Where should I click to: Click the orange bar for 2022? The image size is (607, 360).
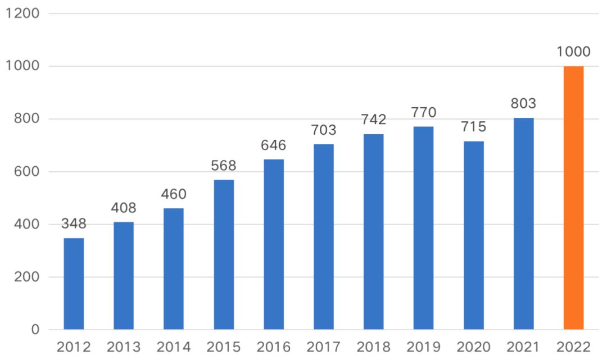pos(573,198)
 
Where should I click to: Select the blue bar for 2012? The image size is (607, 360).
pos(74,284)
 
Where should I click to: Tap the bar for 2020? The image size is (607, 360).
pos(474,235)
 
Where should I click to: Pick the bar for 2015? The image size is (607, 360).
pos(224,254)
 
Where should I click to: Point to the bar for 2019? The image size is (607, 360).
pos(424,228)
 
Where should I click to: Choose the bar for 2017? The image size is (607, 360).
pos(324,236)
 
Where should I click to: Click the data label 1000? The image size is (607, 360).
pos(573,52)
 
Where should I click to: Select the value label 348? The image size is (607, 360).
pos(74,224)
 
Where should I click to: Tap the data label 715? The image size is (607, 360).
pos(474,127)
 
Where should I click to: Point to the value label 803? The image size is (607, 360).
pos(523,104)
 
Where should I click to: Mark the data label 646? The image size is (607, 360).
pos(274,145)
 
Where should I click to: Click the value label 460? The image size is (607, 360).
pos(174,194)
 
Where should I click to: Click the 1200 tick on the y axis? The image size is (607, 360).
pos(22,13)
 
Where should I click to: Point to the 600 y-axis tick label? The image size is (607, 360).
pos(25,172)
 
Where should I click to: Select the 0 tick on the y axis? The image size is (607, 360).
pos(35,330)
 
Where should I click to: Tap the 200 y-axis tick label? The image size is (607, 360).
pos(25,277)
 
